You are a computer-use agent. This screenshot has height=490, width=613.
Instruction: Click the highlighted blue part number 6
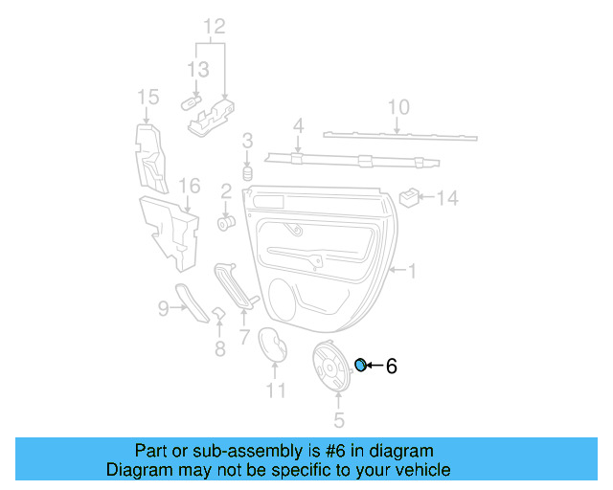361,365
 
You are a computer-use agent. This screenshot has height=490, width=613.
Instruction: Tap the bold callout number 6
391,366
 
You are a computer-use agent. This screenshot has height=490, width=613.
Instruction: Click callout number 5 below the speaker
338,420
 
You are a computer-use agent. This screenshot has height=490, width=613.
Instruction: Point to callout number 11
276,390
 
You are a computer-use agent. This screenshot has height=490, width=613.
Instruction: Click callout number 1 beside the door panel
413,272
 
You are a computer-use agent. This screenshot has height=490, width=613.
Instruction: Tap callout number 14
448,198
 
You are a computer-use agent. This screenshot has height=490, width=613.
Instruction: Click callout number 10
399,107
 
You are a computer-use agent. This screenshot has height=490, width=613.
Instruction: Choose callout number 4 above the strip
298,125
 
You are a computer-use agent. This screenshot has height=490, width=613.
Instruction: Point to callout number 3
247,142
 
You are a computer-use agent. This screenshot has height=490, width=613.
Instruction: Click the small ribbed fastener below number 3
246,174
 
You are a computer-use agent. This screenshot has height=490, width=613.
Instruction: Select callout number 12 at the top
214,26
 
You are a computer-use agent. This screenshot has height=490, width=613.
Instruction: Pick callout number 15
147,97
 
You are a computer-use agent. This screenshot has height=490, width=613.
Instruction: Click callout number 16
190,186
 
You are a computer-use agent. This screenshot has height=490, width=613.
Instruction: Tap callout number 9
162,307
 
